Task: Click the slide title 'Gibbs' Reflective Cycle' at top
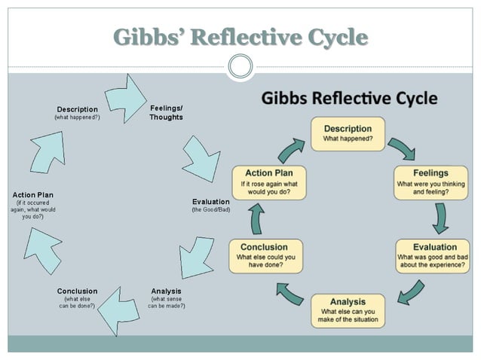pos(240,37)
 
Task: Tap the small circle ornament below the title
pos(240,67)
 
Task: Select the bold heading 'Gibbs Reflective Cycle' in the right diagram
pos(349,99)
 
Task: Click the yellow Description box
pos(348,133)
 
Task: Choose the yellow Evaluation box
pos(434,256)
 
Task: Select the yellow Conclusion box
pos(265,256)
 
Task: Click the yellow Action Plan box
pos(268,182)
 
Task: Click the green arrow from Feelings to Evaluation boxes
pos(440,219)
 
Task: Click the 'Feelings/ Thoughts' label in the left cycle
pos(166,113)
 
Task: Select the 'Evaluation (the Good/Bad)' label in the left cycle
pos(211,205)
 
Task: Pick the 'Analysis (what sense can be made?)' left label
pos(166,297)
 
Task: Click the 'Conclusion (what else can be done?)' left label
pos(77,297)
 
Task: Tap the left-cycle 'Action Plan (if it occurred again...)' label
pos(32,205)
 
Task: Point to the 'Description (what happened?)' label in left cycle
pos(77,113)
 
